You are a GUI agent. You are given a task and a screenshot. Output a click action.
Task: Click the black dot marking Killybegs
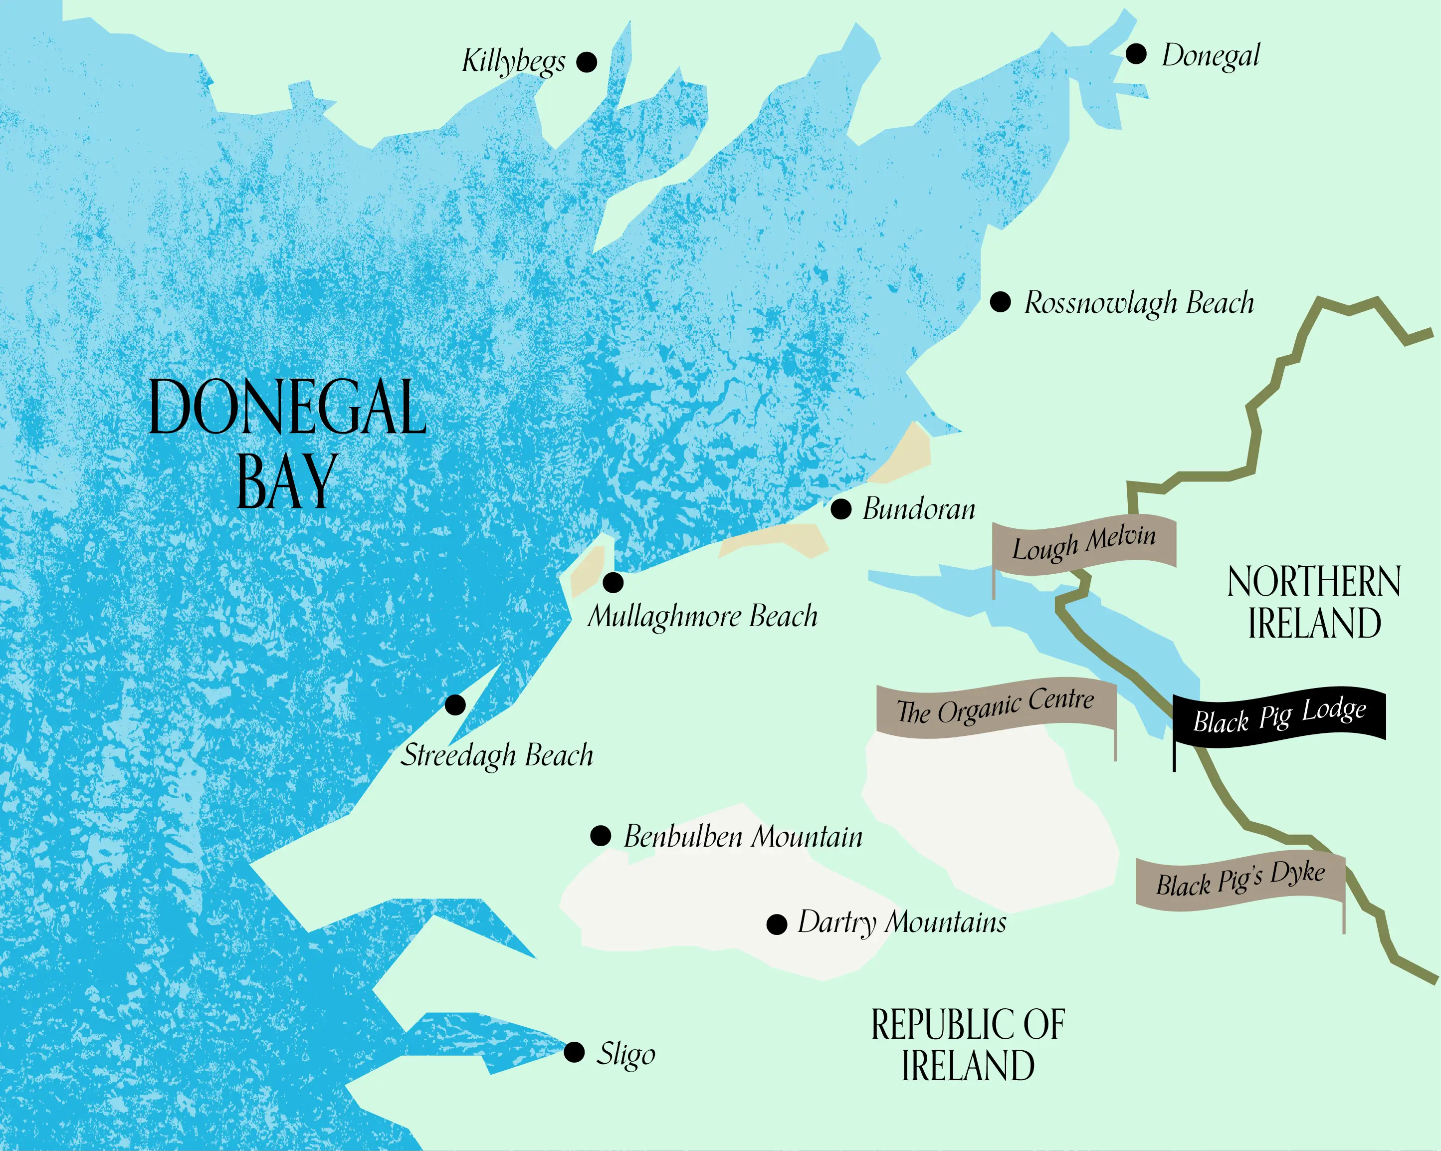(x=587, y=62)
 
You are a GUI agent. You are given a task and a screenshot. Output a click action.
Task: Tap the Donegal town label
(x=1211, y=55)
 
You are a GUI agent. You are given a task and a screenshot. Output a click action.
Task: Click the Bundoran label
(x=919, y=509)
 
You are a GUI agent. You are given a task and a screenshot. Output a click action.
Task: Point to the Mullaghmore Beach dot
(x=613, y=582)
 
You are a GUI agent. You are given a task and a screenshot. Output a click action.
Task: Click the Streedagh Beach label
(x=497, y=755)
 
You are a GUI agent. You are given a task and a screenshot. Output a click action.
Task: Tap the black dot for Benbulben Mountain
(x=601, y=836)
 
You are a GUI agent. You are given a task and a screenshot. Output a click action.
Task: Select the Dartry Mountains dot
(x=777, y=925)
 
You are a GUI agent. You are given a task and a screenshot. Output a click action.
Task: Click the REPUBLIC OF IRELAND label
(x=967, y=1045)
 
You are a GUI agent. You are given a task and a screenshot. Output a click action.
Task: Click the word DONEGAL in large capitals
(x=287, y=408)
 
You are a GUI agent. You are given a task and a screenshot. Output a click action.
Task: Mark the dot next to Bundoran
(x=841, y=509)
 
